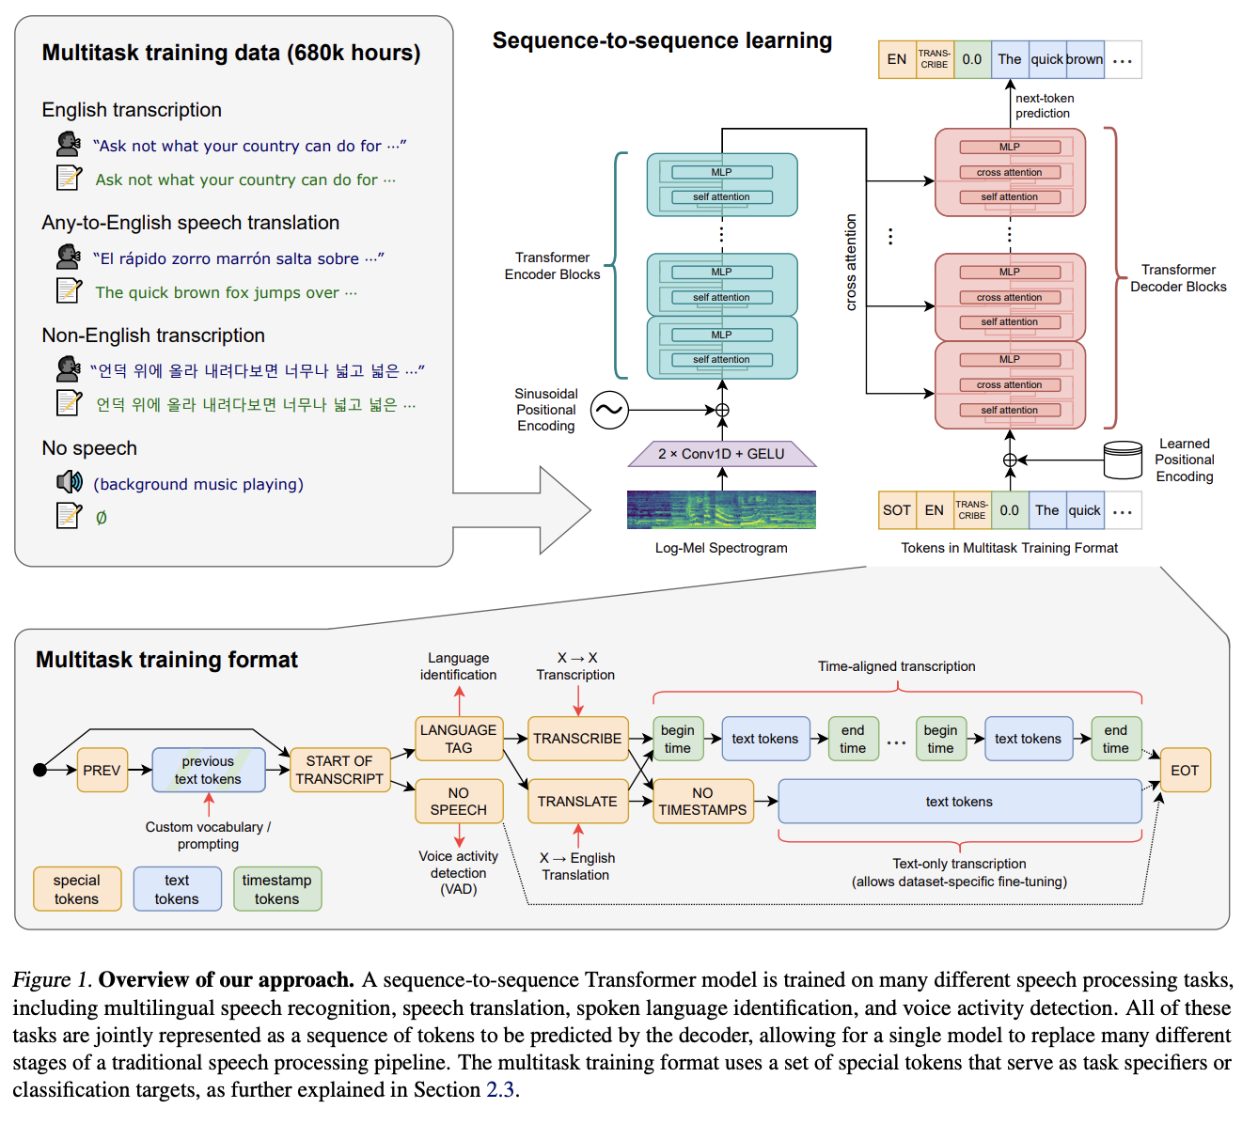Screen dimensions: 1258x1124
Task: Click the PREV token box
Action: [x=102, y=770]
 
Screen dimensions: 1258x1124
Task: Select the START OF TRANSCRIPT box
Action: [x=339, y=770]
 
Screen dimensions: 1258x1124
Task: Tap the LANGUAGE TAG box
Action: [x=459, y=739]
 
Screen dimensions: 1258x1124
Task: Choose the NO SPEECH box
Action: [x=459, y=802]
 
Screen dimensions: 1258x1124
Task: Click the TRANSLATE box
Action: [x=577, y=802]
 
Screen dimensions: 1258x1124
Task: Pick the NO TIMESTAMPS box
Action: [x=703, y=802]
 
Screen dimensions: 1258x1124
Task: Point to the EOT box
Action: [x=1185, y=770]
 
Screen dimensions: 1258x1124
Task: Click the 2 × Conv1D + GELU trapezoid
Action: [x=721, y=454]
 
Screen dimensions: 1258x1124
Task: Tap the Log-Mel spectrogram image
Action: [x=721, y=509]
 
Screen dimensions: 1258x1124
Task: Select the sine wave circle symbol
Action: [x=609, y=410]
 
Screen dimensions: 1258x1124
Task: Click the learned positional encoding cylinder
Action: [x=1123, y=460]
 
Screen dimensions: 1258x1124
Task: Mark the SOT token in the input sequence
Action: [x=897, y=510]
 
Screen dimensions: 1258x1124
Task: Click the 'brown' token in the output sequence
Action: [x=1085, y=59]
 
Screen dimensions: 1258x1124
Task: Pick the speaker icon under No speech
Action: [x=69, y=481]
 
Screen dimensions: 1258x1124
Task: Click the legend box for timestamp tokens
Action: [x=277, y=889]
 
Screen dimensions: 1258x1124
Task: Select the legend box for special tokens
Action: [x=77, y=889]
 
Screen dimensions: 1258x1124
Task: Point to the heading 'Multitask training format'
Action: [x=166, y=659]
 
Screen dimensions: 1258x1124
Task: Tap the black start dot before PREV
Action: [x=39, y=770]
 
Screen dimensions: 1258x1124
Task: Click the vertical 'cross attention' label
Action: [x=851, y=262]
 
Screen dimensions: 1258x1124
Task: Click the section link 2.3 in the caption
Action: [x=500, y=1089]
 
